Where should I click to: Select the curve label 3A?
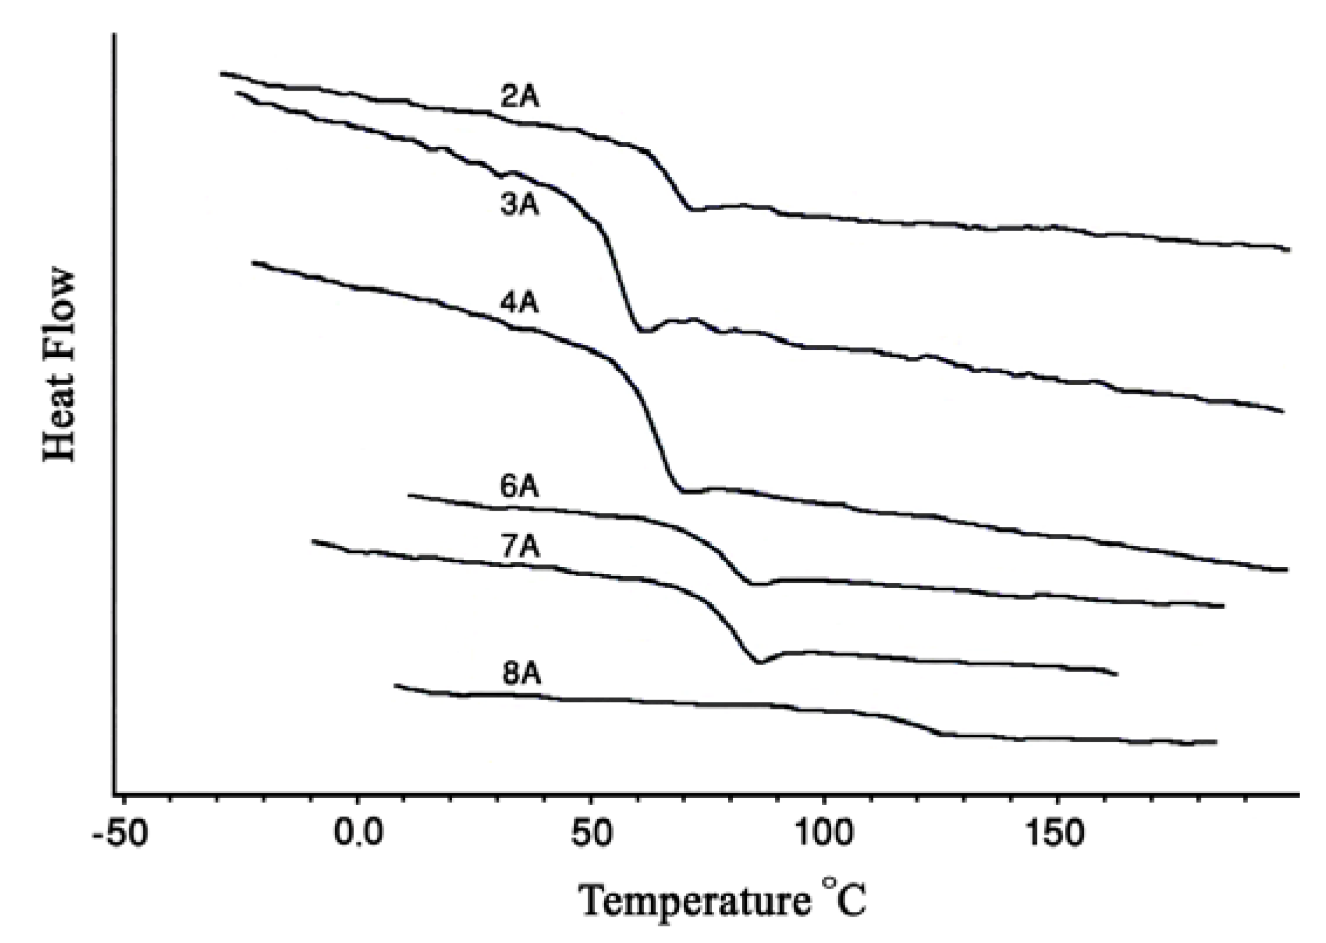tap(520, 207)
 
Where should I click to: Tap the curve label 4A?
tap(519, 304)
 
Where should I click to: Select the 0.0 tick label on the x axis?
tap(356, 836)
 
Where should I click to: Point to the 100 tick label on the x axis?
tap(824, 836)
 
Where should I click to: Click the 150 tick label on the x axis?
tap(1056, 836)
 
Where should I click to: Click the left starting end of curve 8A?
tap(395, 684)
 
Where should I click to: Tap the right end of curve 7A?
tap(1117, 674)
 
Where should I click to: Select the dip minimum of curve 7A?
tap(759, 663)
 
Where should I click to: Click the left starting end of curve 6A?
tap(409, 495)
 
